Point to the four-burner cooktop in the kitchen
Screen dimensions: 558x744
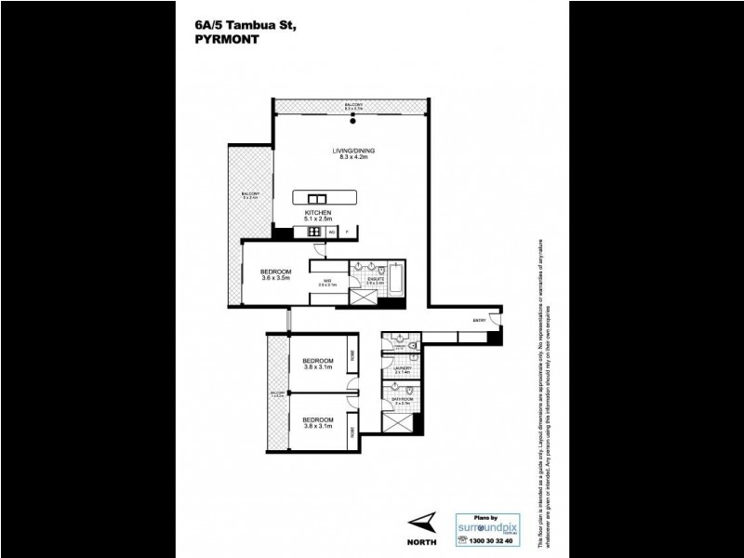(314, 232)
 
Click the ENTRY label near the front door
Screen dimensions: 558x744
(480, 320)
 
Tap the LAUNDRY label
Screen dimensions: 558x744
(401, 368)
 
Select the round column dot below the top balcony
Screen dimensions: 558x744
(352, 115)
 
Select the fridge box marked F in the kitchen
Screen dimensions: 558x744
(347, 232)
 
